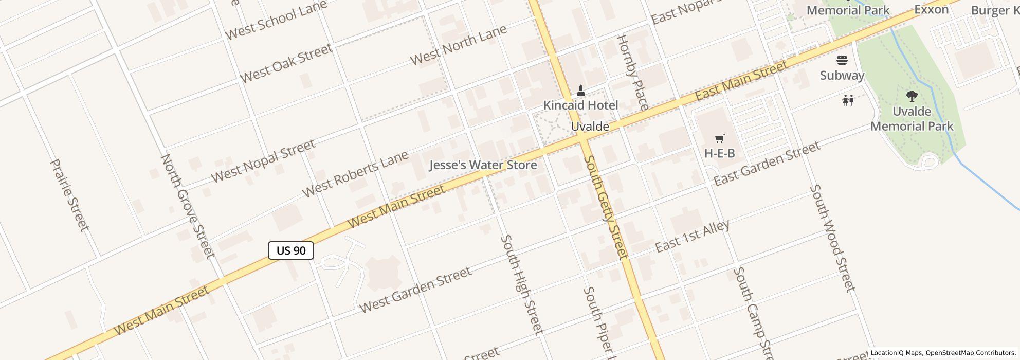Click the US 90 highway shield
click(x=291, y=250)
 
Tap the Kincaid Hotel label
click(x=581, y=105)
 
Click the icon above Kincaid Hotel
click(x=581, y=91)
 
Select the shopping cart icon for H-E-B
click(x=719, y=138)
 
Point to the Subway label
click(x=842, y=76)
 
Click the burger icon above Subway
click(x=842, y=60)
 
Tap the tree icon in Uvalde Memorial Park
click(x=912, y=96)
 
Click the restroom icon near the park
click(x=848, y=100)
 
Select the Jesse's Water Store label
click(x=483, y=165)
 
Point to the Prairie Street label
click(x=69, y=195)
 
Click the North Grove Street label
click(x=188, y=206)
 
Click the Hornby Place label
click(x=632, y=73)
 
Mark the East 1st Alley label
click(x=692, y=236)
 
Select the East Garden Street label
click(x=767, y=164)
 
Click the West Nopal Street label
click(x=263, y=161)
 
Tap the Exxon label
click(x=931, y=9)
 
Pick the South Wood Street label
click(x=832, y=238)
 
